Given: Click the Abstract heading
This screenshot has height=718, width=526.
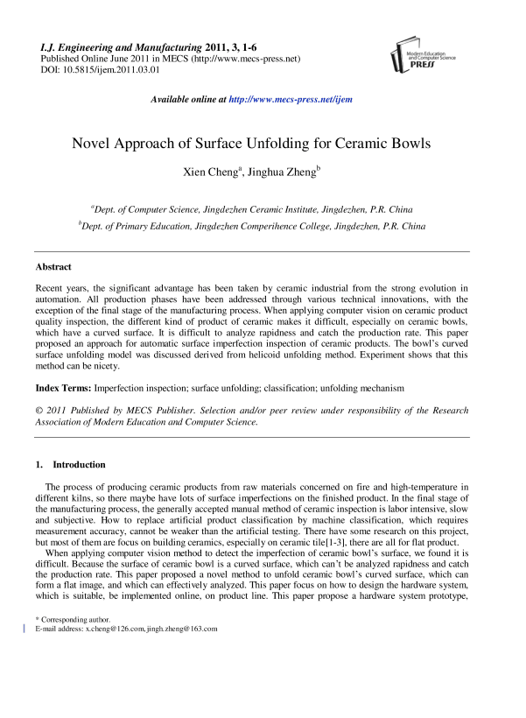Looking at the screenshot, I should [x=53, y=266].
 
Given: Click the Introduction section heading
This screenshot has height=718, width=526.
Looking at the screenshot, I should [x=80, y=464].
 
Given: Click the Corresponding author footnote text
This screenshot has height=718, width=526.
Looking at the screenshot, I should [x=70, y=619].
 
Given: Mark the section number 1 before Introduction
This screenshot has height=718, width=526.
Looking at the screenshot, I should [x=38, y=464].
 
